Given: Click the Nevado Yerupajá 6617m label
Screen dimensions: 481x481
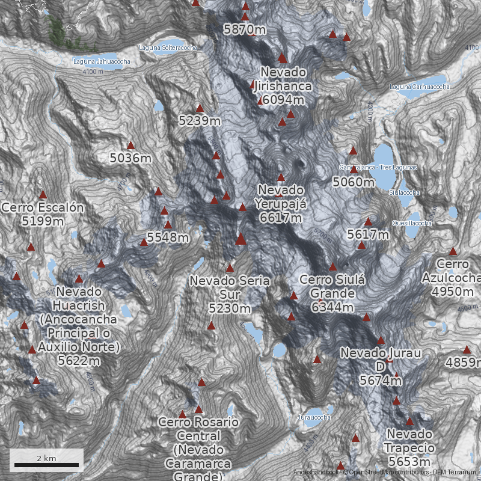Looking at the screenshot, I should (281, 204).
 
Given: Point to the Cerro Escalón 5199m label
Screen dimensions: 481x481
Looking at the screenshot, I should (42, 214).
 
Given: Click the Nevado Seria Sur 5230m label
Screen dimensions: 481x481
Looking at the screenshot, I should (229, 295).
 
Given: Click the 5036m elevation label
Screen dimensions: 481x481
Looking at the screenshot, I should (130, 159).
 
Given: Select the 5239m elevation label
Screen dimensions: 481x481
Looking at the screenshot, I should (200, 121).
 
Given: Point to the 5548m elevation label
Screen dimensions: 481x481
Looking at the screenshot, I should (168, 238).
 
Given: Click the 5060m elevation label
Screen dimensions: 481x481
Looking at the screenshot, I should (354, 182).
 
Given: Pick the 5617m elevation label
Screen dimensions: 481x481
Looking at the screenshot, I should (368, 234).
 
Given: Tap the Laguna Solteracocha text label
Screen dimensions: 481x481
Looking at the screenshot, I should (168, 47).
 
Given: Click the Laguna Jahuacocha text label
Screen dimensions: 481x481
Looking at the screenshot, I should (102, 61).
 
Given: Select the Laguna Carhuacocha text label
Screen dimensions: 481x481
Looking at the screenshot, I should (420, 87).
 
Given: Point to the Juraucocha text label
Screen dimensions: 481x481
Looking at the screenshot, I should (314, 417).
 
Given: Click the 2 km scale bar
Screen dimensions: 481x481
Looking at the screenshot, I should (46, 465).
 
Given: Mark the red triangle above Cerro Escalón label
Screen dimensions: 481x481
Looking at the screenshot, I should (43, 194).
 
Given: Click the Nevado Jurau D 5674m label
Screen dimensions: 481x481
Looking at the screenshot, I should (380, 366).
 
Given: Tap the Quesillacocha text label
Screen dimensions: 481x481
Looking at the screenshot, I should (412, 223).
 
